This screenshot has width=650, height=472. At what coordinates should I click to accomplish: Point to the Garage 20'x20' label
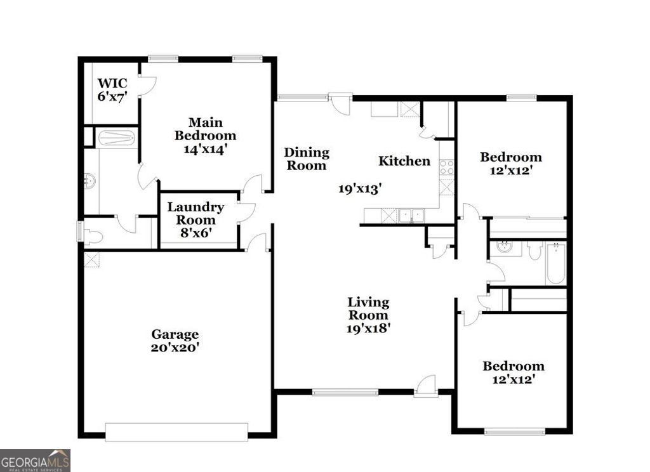point(175,341)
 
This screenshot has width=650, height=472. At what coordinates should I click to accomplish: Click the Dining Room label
point(307,159)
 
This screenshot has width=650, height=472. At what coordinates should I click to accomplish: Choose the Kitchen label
point(404,161)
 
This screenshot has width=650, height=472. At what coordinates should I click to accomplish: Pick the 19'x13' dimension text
point(359,188)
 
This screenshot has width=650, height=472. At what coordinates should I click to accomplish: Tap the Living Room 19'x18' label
point(368,315)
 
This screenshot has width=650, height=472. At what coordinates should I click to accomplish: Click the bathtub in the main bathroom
point(118,138)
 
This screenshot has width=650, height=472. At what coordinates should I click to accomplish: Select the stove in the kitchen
point(447,167)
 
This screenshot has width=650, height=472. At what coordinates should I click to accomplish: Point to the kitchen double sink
point(411,216)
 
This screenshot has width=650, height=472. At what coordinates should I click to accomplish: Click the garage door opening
point(176,432)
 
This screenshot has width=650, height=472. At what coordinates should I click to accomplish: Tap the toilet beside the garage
point(92,237)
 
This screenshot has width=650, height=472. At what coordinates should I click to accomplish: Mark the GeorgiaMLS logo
point(35,460)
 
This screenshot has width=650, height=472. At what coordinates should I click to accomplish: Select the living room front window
point(345,392)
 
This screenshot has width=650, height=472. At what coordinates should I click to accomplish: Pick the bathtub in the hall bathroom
point(555,264)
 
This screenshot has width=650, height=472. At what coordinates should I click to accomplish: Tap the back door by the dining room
point(341,103)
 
